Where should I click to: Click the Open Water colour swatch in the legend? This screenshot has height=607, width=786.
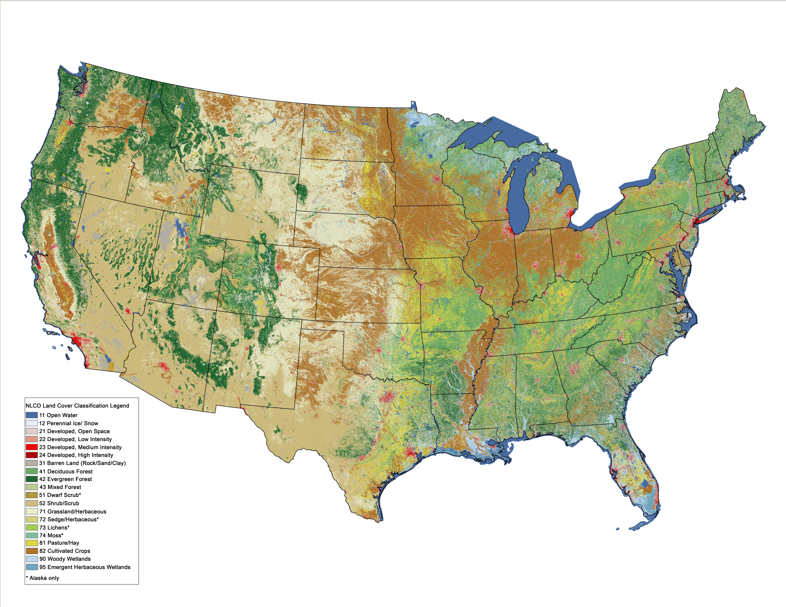[32, 415]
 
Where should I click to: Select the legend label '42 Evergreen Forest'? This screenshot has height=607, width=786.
[65, 479]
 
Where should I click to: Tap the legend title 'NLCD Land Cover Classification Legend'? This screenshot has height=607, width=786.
[77, 406]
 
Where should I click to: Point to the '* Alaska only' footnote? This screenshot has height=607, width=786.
[43, 578]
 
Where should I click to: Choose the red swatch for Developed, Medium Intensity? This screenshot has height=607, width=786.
[32, 447]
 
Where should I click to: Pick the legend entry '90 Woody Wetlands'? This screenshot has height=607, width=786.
[65, 559]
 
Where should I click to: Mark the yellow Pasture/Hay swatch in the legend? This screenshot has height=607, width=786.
[32, 543]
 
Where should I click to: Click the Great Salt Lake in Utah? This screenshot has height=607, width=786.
[179, 226]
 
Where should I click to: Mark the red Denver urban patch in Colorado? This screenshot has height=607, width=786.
[279, 268]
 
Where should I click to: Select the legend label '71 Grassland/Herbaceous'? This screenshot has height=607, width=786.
[73, 511]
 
